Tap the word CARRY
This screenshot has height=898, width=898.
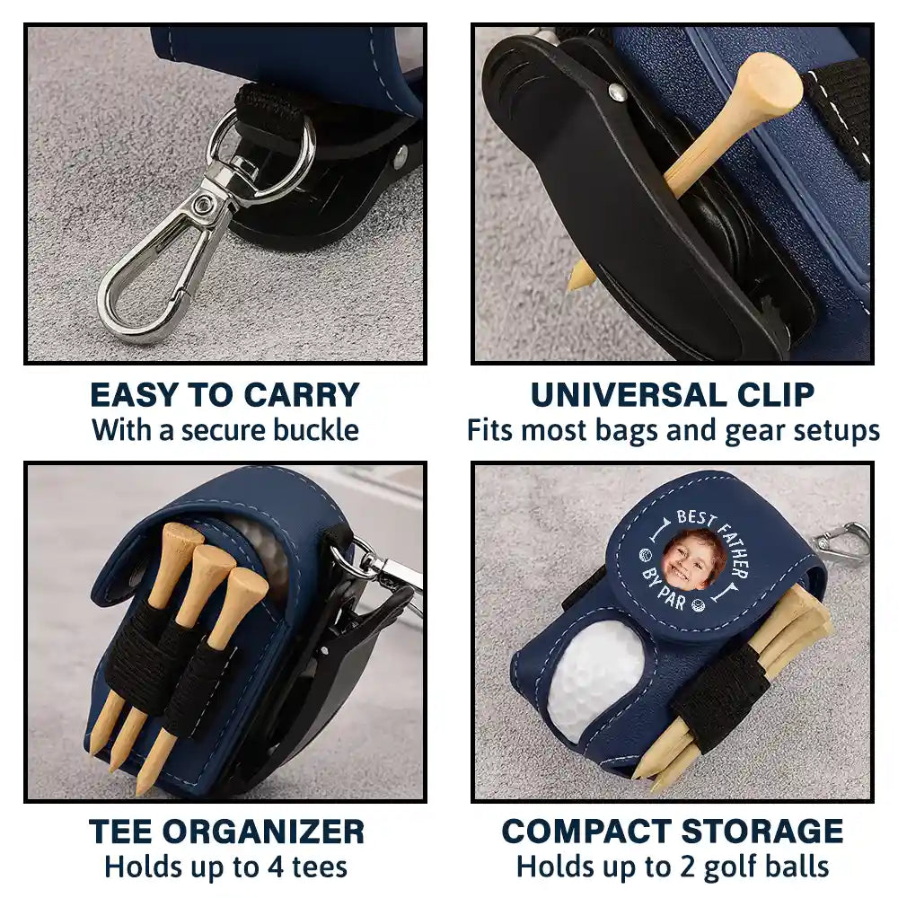302,395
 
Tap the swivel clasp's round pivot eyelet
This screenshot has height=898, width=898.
202,204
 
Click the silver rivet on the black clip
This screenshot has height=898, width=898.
616,91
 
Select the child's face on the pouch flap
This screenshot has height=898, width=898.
693,559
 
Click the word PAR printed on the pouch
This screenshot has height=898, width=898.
671,598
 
